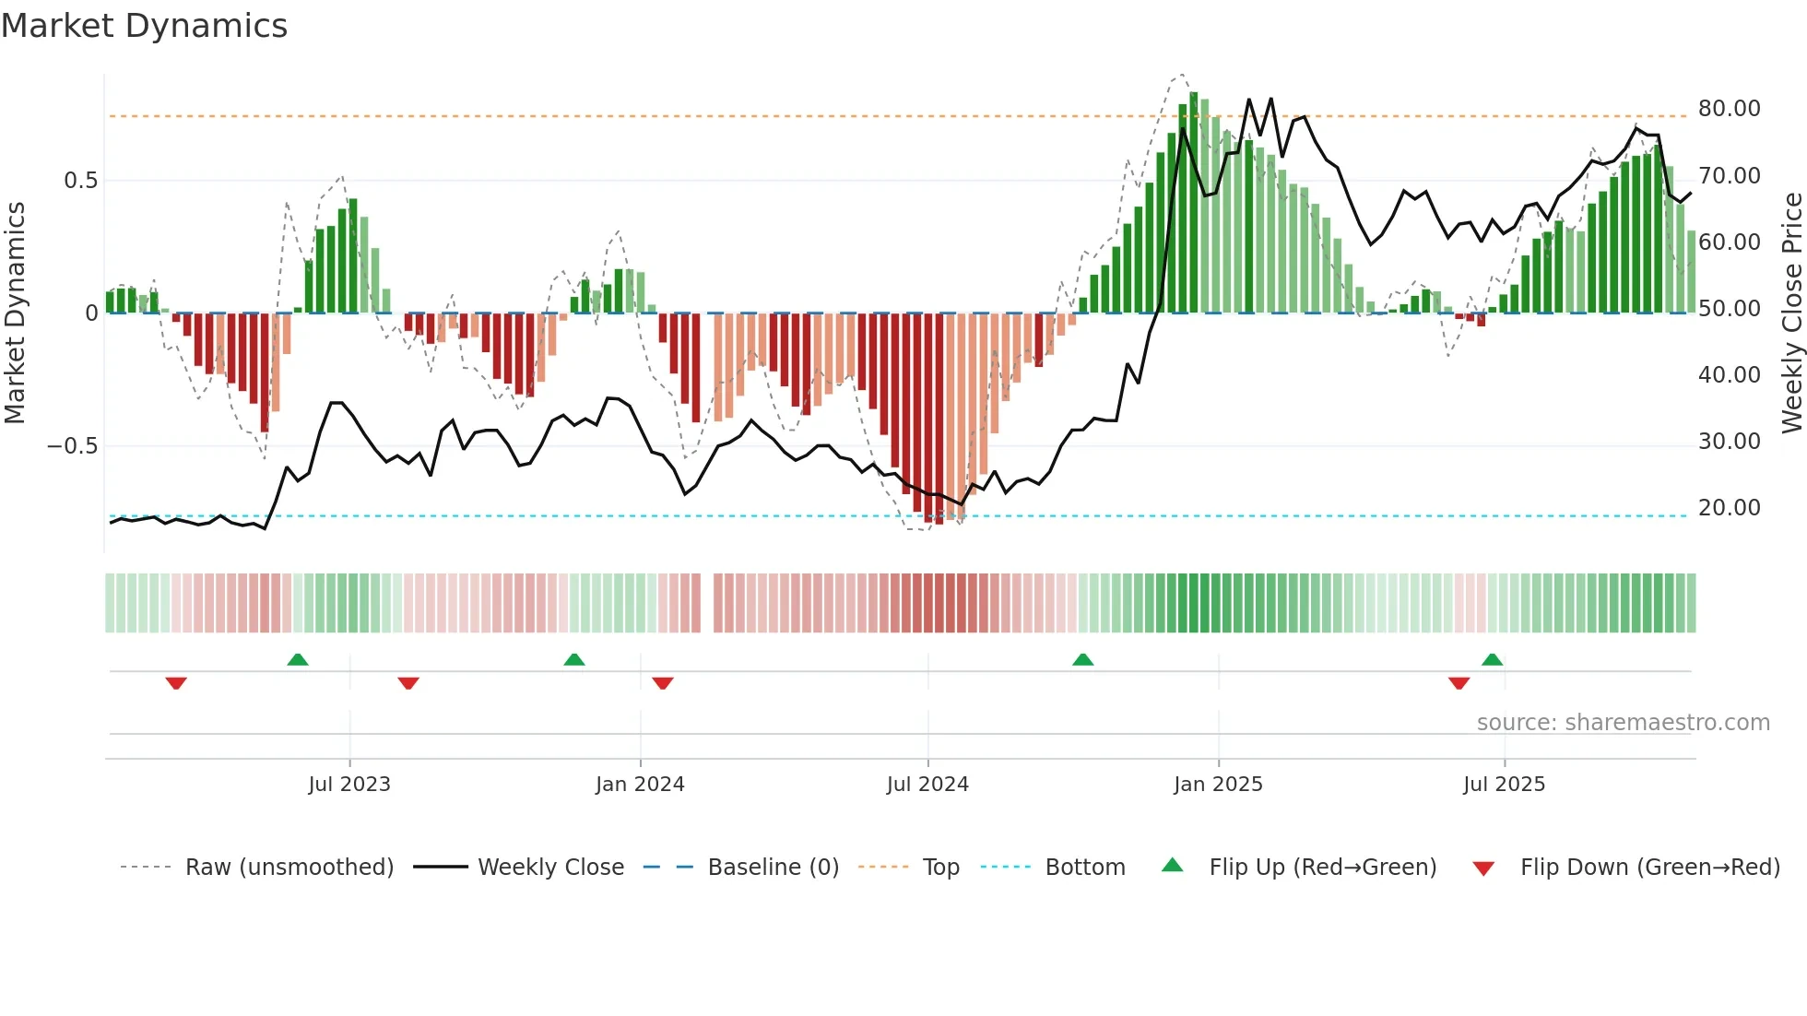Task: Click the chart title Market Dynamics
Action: tap(144, 26)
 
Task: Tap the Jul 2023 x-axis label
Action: tap(349, 785)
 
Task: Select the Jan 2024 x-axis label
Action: tap(640, 785)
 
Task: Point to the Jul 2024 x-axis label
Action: tap(927, 785)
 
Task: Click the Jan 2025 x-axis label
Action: tap(1218, 785)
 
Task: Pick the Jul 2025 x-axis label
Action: tap(1504, 785)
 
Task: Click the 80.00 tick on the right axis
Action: tap(1729, 109)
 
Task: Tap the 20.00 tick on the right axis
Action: tap(1729, 508)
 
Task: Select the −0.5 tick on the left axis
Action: tap(72, 446)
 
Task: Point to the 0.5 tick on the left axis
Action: tap(80, 181)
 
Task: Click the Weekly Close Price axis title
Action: tap(1791, 313)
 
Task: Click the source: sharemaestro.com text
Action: tap(1623, 723)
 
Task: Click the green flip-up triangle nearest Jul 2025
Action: tap(1492, 659)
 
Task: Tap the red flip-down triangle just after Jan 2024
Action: tap(663, 683)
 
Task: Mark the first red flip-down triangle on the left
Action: tap(176, 683)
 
